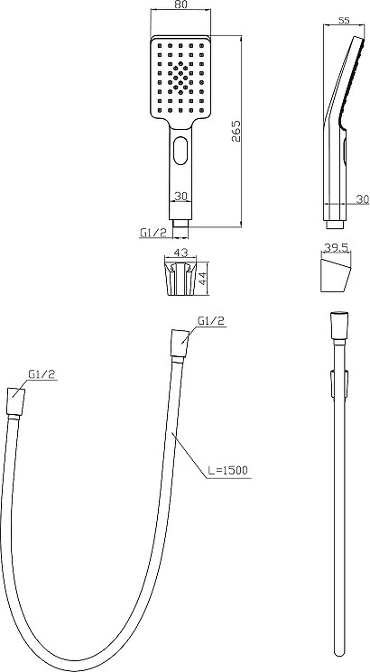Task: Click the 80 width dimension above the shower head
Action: pyautogui.click(x=181, y=5)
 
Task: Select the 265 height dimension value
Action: pyautogui.click(x=236, y=131)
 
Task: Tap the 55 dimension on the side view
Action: pyautogui.click(x=343, y=20)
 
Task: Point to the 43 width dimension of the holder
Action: pyautogui.click(x=180, y=253)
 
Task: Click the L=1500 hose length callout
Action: pyautogui.click(x=227, y=470)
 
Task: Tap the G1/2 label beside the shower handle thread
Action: pyautogui.click(x=153, y=233)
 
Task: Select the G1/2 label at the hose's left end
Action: pyautogui.click(x=42, y=373)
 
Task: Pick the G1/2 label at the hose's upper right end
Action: pyautogui.click(x=211, y=320)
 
